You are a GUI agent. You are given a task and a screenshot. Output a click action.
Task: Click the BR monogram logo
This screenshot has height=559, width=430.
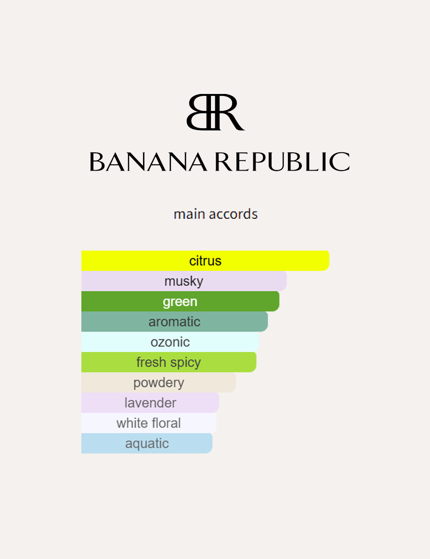[x=215, y=112]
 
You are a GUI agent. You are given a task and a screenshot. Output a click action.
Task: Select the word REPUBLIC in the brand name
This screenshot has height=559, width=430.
[x=282, y=162]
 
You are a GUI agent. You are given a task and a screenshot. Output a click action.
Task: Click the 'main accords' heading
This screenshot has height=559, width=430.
[x=215, y=214]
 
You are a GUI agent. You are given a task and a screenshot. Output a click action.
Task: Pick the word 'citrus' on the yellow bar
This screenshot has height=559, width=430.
[x=205, y=261]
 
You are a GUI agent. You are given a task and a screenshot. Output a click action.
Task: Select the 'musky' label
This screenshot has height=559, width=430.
[x=183, y=281]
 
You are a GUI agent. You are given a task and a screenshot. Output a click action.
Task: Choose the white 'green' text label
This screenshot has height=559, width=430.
[x=180, y=302]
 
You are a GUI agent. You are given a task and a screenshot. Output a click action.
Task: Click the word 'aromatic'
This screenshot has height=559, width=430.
[x=174, y=321]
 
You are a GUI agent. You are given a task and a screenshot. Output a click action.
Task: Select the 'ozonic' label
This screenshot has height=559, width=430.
[x=170, y=342]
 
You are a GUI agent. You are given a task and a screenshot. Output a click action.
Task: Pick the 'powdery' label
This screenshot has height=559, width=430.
[x=158, y=383]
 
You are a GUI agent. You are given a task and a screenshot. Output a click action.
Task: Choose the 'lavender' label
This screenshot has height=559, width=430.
[x=150, y=403]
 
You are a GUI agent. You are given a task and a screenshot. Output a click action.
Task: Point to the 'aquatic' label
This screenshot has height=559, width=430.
[x=147, y=443]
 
